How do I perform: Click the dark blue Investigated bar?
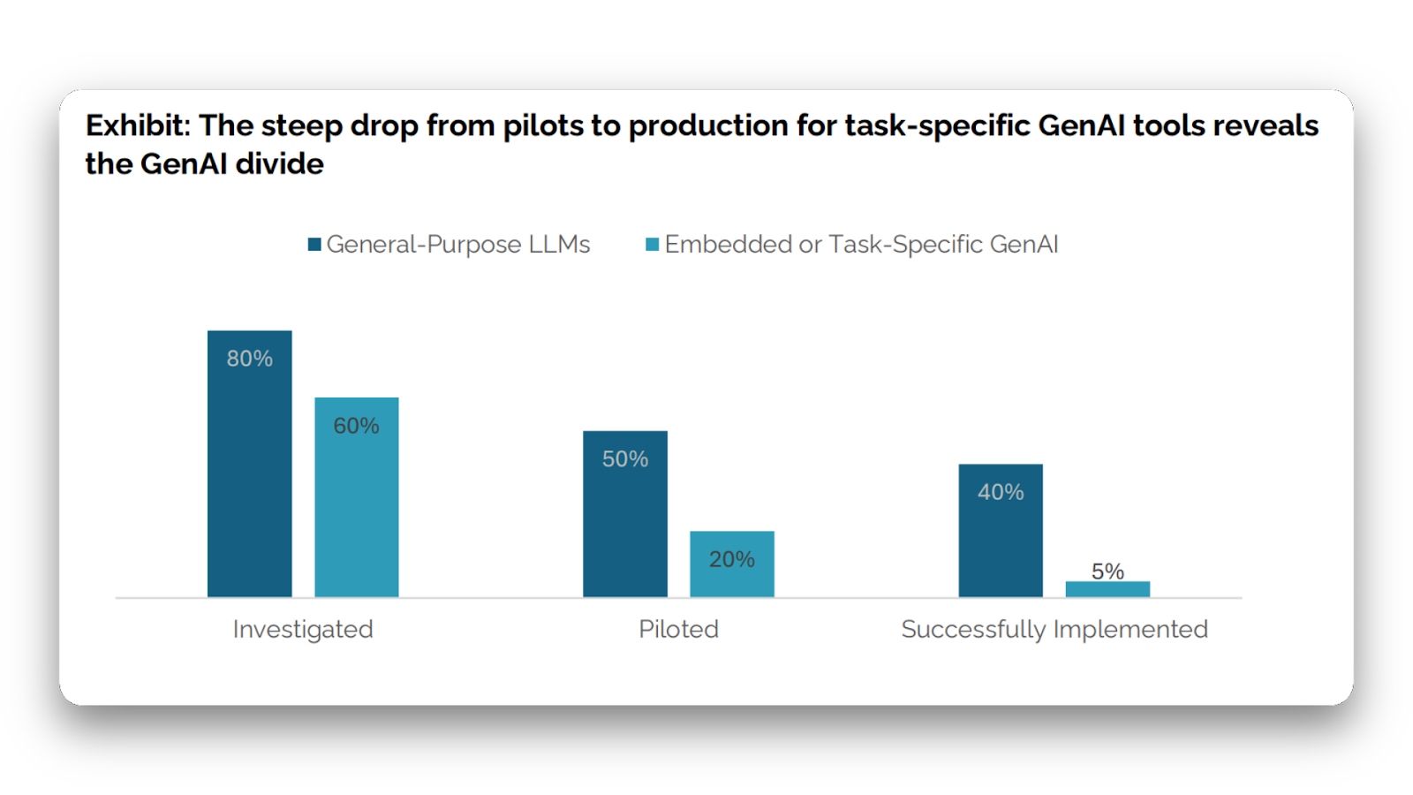tap(249, 477)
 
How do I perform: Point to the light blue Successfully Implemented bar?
tap(1107, 589)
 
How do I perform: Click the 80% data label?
tap(249, 359)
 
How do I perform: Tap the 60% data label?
tap(356, 426)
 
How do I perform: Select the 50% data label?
tap(624, 459)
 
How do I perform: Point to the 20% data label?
tap(731, 559)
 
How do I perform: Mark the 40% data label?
tap(1000, 492)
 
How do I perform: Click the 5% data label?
tap(1107, 572)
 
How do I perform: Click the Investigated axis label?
tap(303, 630)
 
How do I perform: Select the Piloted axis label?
tap(678, 630)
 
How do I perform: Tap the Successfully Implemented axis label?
tap(1054, 630)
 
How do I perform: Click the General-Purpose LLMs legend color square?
tap(314, 245)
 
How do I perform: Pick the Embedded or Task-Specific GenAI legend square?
tap(653, 245)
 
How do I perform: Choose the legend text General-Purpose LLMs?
tap(458, 245)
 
